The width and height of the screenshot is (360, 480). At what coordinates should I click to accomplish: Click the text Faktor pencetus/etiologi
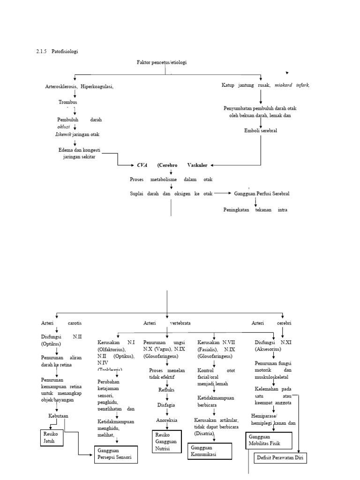click(162, 62)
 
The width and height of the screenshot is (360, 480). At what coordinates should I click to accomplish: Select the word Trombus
click(68, 102)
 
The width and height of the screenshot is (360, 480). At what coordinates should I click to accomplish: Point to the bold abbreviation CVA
click(142, 165)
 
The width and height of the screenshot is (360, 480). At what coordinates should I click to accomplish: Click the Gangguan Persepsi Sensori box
click(115, 454)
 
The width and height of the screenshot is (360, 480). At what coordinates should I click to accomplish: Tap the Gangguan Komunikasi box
click(210, 451)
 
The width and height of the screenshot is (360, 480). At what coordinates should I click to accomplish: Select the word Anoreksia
click(167, 420)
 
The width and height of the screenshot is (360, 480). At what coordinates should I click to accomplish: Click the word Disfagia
click(167, 405)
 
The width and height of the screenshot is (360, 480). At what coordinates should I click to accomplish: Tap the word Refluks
click(167, 389)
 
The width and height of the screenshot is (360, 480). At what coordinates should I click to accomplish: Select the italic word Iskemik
click(63, 135)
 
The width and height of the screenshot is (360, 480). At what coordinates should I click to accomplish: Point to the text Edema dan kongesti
click(78, 150)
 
